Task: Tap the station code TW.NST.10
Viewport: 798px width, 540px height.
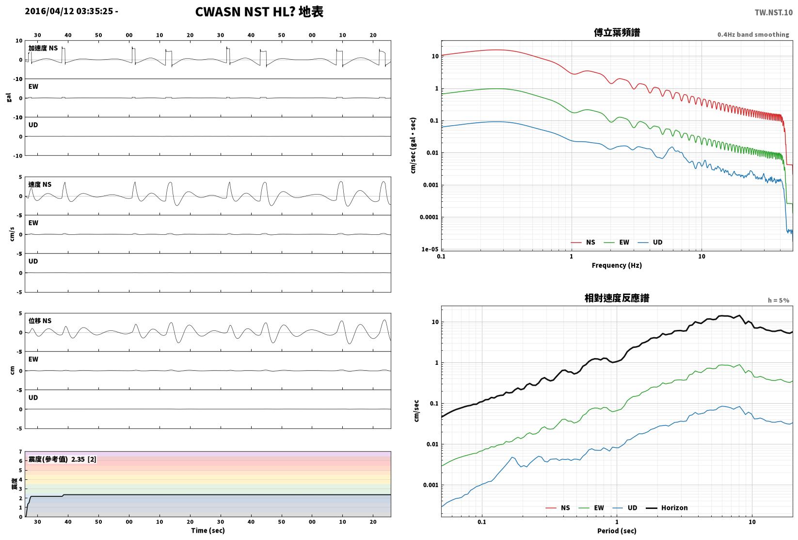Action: [x=773, y=13]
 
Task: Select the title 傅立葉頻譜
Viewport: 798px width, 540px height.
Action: [x=617, y=33]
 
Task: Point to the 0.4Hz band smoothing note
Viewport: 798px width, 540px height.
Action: [x=753, y=34]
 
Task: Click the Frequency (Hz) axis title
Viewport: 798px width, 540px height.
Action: [x=617, y=265]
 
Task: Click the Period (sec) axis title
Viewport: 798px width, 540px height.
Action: [x=617, y=531]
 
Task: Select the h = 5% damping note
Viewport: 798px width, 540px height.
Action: [x=779, y=300]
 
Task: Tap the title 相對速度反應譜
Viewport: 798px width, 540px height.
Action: [x=617, y=298]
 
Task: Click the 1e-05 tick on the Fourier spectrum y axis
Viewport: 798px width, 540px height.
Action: [x=430, y=249]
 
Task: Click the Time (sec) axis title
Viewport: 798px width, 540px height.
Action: [x=208, y=530]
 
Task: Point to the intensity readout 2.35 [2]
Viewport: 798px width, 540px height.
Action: [x=84, y=459]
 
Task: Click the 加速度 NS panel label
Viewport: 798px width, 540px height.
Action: [x=43, y=48]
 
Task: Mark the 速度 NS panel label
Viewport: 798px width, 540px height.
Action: [x=40, y=184]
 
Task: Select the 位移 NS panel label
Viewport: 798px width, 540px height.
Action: [x=40, y=321]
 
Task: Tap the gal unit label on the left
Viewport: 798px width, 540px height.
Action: [x=9, y=98]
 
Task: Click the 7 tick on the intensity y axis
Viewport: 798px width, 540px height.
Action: [x=21, y=452]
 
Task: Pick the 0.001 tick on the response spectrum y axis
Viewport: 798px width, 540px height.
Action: [x=431, y=485]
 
